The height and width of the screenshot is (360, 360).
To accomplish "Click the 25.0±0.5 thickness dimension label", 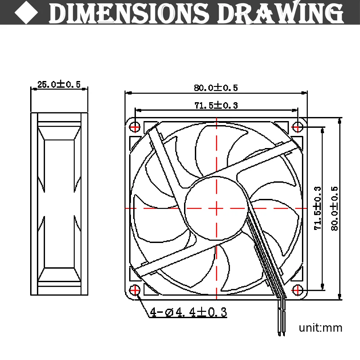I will click(58, 84).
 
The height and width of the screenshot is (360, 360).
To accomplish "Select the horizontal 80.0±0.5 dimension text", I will click(216, 87).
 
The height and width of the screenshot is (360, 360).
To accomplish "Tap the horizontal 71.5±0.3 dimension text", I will click(216, 106).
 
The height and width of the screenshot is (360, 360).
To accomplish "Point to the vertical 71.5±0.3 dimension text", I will click(318, 208).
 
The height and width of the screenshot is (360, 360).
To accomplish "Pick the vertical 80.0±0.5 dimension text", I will click(335, 208).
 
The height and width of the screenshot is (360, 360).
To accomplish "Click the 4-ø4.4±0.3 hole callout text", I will click(189, 312).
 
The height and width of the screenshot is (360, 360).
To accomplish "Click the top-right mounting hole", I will click(297, 127).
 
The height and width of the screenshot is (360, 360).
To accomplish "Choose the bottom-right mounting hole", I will click(297, 289).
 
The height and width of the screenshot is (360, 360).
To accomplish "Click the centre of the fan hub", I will click(216, 208).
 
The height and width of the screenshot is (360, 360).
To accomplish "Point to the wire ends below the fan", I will click(281, 326).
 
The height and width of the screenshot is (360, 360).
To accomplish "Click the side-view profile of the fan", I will click(58, 204).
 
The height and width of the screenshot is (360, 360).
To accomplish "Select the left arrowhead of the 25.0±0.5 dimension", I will click(33, 89).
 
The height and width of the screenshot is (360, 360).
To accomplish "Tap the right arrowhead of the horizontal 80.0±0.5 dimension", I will click(305, 93).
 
